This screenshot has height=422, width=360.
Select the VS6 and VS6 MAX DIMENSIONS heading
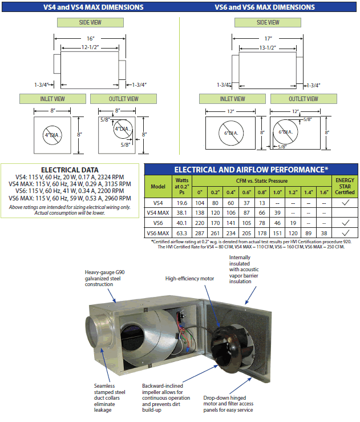[264, 7]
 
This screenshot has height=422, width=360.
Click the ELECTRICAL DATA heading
[70, 170]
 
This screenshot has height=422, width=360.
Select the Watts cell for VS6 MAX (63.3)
[182, 233]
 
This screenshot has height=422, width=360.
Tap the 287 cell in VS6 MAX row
[200, 233]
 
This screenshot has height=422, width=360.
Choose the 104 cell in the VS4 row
[200, 202]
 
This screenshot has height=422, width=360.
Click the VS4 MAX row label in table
[157, 212]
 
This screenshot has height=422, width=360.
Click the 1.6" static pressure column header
[323, 191]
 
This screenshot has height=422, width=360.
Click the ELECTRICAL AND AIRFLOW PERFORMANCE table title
[251, 170]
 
